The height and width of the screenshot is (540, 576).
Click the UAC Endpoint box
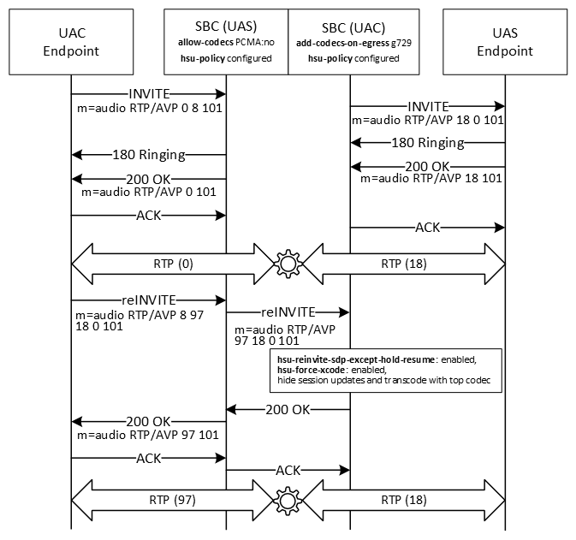tap(71, 42)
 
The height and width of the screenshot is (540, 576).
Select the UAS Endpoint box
tap(505, 42)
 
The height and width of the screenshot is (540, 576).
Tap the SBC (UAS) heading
tap(226, 27)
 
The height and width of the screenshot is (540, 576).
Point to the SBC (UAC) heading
tap(353, 28)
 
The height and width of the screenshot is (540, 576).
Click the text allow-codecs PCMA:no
tap(226, 43)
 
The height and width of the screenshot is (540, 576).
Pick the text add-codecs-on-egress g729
tap(353, 44)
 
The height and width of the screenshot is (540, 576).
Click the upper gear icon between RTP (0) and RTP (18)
tap(288, 264)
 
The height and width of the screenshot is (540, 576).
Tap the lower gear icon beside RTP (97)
tap(288, 500)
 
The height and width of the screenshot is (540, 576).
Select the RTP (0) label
tap(173, 264)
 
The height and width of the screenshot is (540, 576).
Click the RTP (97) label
tap(173, 500)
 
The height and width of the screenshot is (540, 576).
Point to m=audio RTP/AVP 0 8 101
tap(150, 108)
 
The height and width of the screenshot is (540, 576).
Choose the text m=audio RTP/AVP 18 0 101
tap(428, 120)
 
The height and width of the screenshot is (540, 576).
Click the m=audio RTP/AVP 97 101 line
tap(148, 435)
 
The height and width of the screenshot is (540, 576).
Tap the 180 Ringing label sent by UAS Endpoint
tap(428, 143)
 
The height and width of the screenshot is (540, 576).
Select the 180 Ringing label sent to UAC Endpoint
tap(148, 155)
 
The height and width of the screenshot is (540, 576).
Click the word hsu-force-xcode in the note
tap(311, 370)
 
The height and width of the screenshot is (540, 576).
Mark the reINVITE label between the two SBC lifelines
tap(288, 312)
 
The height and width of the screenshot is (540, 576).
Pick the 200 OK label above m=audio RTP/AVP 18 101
tap(427, 166)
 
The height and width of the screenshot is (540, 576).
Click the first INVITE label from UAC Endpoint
tap(149, 94)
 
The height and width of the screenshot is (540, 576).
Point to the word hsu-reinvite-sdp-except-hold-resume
tap(356, 359)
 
